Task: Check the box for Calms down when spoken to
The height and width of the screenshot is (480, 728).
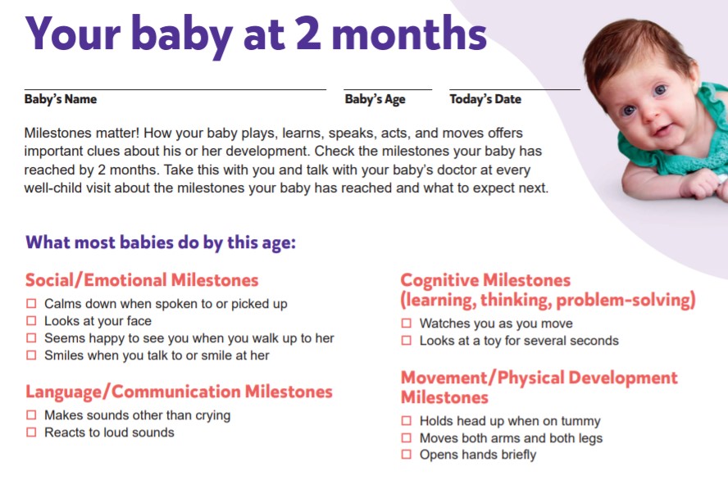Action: tap(31, 304)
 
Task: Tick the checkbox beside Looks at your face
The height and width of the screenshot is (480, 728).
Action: tap(31, 321)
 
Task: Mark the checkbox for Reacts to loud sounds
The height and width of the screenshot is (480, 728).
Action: tap(31, 432)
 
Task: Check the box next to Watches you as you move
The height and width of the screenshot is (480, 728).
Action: tap(407, 324)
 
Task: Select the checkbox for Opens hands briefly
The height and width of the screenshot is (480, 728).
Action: tap(407, 455)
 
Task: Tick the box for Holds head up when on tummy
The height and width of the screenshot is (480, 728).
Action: tap(407, 421)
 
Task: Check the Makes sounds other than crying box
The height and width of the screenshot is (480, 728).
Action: tap(31, 415)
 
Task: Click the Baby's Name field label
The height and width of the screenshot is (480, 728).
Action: tap(61, 99)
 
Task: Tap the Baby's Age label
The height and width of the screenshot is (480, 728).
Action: tap(375, 100)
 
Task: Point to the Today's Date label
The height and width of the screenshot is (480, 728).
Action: tap(485, 99)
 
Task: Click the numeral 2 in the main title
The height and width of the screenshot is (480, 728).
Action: tap(308, 33)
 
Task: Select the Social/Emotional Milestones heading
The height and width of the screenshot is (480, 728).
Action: tap(142, 280)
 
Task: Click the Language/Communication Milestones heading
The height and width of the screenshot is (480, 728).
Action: tap(179, 392)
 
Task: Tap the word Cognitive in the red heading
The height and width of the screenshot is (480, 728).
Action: tap(439, 281)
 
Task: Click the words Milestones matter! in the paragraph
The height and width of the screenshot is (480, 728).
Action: tap(82, 133)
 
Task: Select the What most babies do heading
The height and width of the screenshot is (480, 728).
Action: tap(161, 242)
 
